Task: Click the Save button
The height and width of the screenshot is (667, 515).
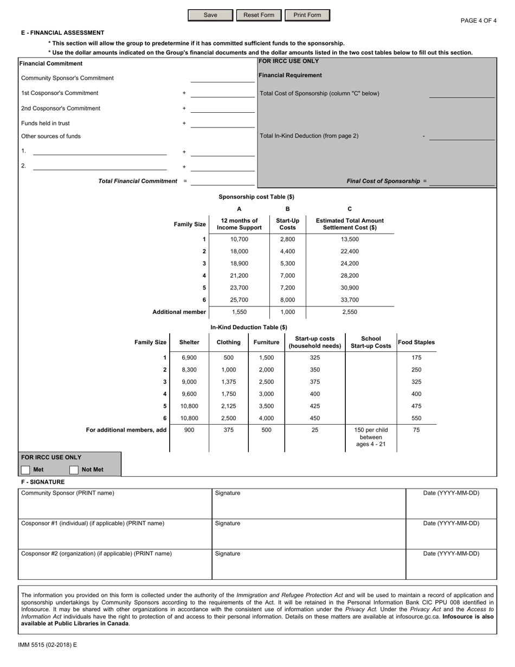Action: tap(210, 15)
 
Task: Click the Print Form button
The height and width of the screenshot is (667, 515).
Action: tap(307, 15)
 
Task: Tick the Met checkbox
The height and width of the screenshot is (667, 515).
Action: tap(25, 470)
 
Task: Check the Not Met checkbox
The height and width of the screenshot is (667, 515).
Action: tap(74, 470)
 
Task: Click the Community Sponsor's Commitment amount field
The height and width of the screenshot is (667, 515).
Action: tap(222, 78)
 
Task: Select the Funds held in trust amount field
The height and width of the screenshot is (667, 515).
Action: tap(222, 124)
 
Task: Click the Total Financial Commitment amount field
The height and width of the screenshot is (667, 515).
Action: tap(222, 181)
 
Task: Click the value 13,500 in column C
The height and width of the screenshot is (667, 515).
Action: tap(350, 239)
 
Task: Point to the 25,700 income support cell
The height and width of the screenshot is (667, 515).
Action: tap(239, 300)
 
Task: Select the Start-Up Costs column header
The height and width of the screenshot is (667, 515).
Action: tap(287, 225)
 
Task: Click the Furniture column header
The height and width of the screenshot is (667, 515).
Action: tap(267, 342)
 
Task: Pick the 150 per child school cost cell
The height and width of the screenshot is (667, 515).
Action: tap(371, 437)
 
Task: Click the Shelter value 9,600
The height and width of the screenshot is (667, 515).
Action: tap(189, 394)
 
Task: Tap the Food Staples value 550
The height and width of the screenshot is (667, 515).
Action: tap(416, 418)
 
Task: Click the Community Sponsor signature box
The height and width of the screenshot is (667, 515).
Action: tap(308, 503)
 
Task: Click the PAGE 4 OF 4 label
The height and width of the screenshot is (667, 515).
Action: tap(478, 21)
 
